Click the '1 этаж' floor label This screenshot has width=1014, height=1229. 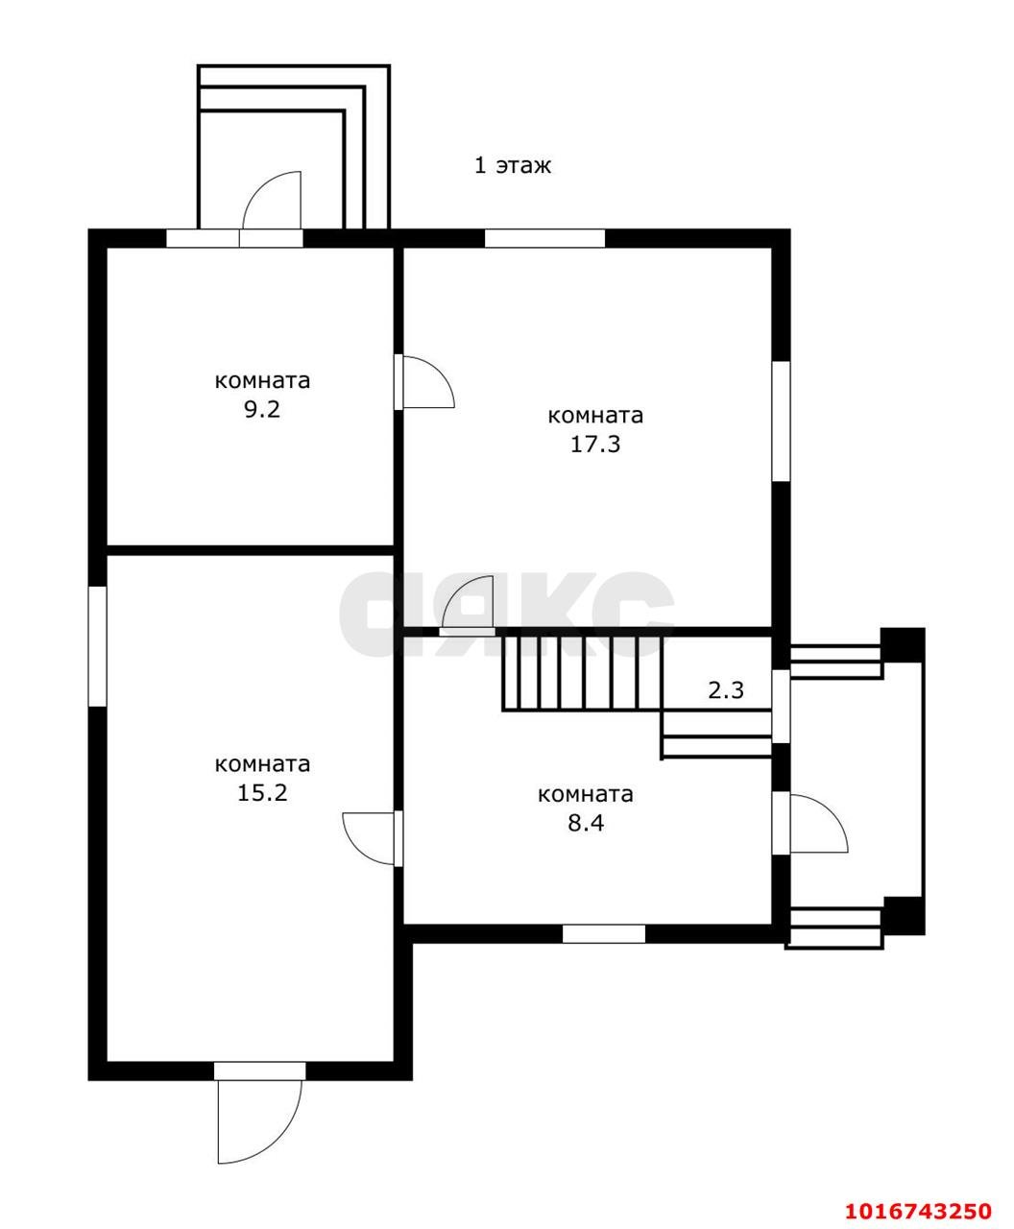[513, 165]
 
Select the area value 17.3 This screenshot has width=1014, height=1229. [595, 444]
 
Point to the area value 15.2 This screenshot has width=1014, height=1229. [262, 793]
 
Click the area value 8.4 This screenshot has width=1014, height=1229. [586, 823]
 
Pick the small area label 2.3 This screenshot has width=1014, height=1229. [726, 689]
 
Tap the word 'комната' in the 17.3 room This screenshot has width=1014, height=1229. [595, 416]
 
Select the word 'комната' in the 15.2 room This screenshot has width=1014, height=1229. [262, 764]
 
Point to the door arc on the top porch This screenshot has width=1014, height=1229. [272, 200]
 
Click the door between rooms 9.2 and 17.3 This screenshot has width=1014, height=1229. [424, 381]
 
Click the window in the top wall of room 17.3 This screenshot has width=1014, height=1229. [544, 238]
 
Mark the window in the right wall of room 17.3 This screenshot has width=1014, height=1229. [781, 421]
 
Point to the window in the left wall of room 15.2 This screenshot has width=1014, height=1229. [97, 646]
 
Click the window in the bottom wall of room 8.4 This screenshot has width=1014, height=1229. [604, 934]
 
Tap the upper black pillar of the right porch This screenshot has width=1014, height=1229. [902, 644]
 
